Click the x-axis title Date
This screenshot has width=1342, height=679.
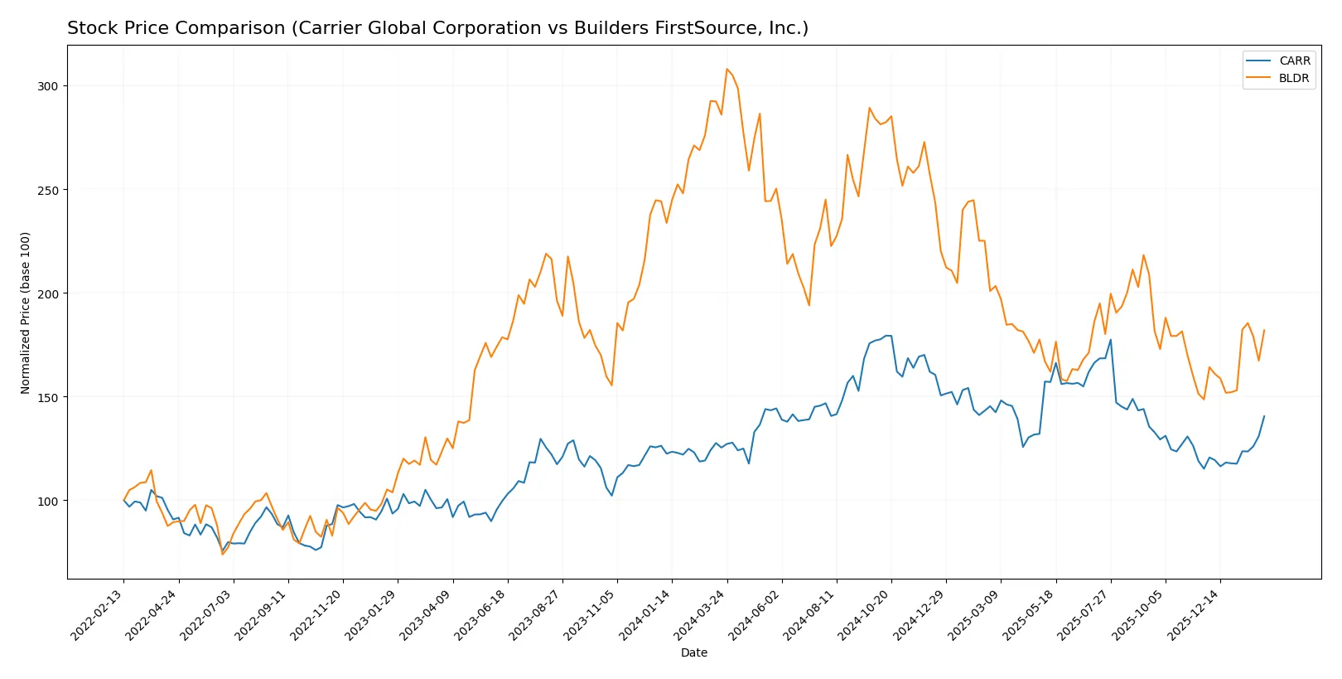[x=694, y=652]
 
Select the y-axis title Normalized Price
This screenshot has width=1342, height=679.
[x=26, y=313]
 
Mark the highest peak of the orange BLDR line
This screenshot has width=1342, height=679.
[x=727, y=69]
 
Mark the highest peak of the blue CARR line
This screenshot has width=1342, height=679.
[x=886, y=336]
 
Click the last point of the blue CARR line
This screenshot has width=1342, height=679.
[x=1264, y=416]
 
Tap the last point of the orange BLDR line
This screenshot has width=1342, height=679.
[x=1264, y=330]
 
